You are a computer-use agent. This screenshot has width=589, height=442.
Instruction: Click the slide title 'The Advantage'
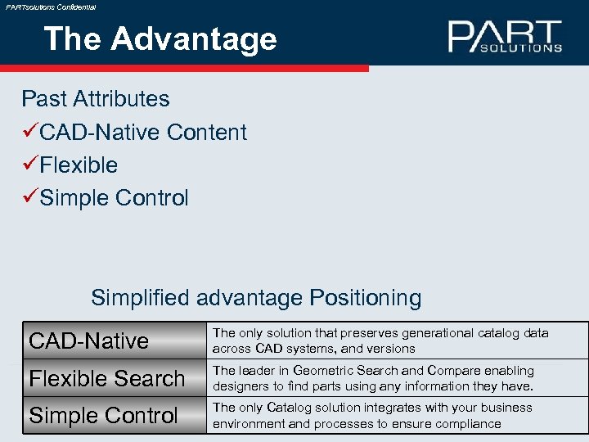[x=160, y=38]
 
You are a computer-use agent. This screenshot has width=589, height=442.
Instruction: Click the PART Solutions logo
[x=505, y=37]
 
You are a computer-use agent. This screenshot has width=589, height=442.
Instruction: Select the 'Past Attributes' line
[x=95, y=99]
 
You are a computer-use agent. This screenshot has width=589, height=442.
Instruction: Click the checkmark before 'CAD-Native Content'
[x=29, y=132]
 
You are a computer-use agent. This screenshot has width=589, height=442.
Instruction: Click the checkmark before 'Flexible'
[x=29, y=165]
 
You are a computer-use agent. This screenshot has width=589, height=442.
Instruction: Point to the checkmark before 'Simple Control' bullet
[x=29, y=198]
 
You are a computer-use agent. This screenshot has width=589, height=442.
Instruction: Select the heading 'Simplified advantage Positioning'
[x=256, y=297]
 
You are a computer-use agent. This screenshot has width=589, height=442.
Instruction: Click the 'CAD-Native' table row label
[x=88, y=341]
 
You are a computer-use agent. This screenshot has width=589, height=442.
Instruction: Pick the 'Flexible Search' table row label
[x=107, y=378]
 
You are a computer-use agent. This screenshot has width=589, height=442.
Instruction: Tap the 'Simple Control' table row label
[x=103, y=415]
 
